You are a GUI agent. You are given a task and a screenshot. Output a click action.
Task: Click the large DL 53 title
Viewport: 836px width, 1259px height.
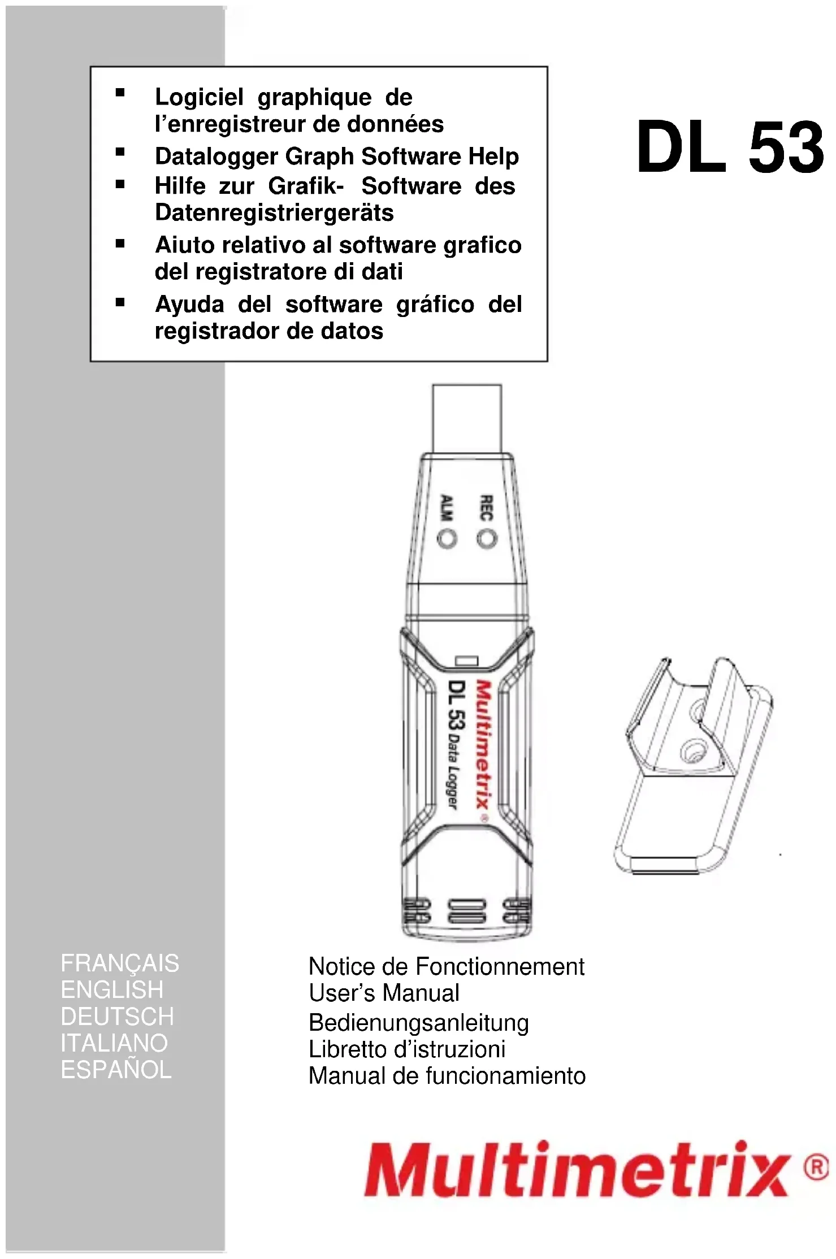coord(730,148)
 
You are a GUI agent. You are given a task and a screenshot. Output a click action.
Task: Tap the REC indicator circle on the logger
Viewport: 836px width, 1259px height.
coord(487,539)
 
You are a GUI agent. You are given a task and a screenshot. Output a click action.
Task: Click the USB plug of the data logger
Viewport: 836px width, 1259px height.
coord(467,418)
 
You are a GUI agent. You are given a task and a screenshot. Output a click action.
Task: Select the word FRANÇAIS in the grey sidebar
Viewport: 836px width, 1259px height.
coord(120,963)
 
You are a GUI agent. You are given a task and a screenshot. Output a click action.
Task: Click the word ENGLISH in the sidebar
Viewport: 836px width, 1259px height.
coord(112,990)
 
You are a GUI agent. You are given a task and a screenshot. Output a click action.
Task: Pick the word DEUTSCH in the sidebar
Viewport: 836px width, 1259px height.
coord(118,1017)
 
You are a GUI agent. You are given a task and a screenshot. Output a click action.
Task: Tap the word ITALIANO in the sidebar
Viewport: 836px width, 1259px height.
coord(114,1043)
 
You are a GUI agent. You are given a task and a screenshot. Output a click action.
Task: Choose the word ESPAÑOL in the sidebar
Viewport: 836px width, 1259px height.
coord(116,1070)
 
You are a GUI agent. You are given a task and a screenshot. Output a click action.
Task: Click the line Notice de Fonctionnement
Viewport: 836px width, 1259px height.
coord(446,967)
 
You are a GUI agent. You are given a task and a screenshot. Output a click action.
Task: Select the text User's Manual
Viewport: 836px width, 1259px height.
coord(384,993)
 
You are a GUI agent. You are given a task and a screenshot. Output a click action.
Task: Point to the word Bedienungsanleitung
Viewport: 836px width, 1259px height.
coord(418,1023)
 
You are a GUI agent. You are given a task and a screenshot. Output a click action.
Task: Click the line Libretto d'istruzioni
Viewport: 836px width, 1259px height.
coord(406,1049)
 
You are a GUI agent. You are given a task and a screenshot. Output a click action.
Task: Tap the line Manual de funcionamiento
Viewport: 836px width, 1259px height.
coord(447,1076)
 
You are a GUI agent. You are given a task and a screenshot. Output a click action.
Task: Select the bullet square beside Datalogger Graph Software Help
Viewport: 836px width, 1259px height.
coord(120,152)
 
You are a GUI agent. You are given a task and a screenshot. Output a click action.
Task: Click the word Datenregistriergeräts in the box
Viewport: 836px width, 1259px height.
coord(274,213)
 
